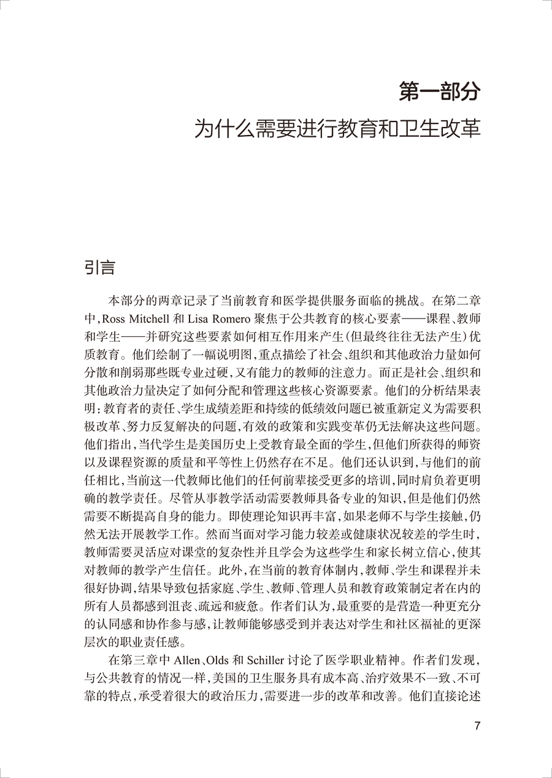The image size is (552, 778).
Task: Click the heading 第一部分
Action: [439, 91]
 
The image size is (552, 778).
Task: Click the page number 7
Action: [478, 726]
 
